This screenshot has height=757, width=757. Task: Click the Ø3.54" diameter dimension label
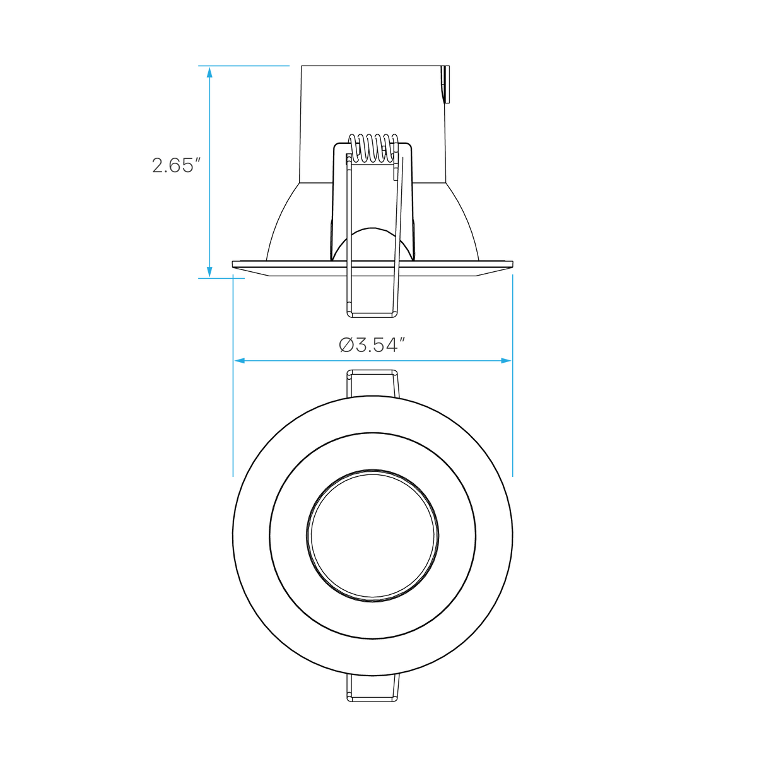[372, 346]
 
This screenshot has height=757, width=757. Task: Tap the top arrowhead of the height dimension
[209, 73]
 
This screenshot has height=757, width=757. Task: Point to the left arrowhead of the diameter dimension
[239, 361]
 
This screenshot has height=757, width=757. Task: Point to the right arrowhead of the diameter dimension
[506, 361]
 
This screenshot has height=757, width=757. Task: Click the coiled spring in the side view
[373, 148]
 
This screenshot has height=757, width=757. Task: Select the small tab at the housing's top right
[445, 84]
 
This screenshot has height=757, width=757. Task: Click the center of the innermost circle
[373, 535]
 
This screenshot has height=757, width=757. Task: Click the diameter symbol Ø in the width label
[346, 346]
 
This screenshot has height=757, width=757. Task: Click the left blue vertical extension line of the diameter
[233, 375]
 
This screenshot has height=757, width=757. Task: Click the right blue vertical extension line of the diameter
[513, 375]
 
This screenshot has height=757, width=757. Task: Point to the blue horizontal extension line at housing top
[244, 66]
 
